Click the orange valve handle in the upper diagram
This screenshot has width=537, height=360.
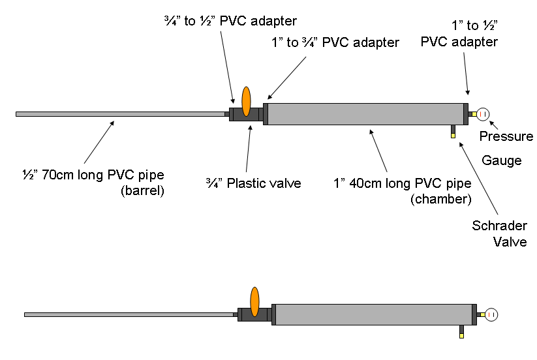pyautogui.click(x=246, y=101)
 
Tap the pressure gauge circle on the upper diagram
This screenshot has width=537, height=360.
pyautogui.click(x=483, y=114)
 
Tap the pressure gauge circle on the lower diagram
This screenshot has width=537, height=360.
pyautogui.click(x=491, y=314)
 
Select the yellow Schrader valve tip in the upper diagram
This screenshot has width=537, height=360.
pyautogui.click(x=452, y=136)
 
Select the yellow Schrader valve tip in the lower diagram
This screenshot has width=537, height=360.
pyautogui.click(x=461, y=336)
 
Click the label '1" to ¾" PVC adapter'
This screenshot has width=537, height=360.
pyautogui.click(x=335, y=43)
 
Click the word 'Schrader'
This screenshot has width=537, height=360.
pyautogui.click(x=499, y=226)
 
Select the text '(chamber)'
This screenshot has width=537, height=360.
pyautogui.click(x=440, y=199)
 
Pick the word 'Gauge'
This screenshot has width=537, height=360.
pyautogui.click(x=502, y=160)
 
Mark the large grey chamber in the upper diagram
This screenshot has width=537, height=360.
pyautogui.click(x=365, y=113)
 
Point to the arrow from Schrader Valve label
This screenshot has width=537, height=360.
pyautogui.click(x=479, y=179)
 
